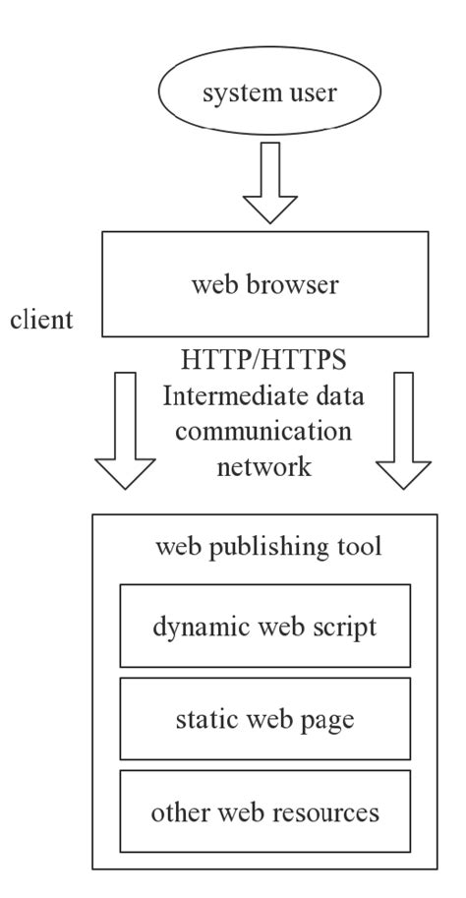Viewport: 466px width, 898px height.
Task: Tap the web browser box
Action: point(266,285)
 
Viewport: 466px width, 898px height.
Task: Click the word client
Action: point(44,321)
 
